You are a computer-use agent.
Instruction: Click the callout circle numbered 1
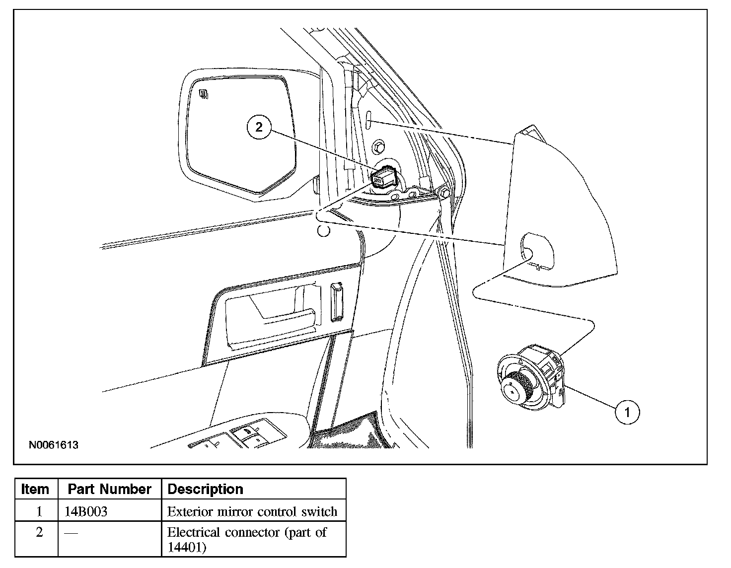click(627, 412)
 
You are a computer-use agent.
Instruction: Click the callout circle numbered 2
click(259, 127)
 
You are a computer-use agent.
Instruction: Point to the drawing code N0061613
click(54, 445)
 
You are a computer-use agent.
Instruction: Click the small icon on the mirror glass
click(203, 93)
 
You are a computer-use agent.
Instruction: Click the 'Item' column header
click(35, 489)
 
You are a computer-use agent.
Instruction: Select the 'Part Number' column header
click(109, 489)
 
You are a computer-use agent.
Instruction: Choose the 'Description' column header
click(206, 489)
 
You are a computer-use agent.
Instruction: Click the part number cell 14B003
click(86, 511)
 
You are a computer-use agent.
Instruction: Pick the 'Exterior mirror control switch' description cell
click(252, 511)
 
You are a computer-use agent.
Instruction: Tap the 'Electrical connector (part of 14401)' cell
click(247, 539)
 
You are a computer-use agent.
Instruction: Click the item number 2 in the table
click(39, 532)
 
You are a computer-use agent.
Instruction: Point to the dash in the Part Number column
click(71, 533)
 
